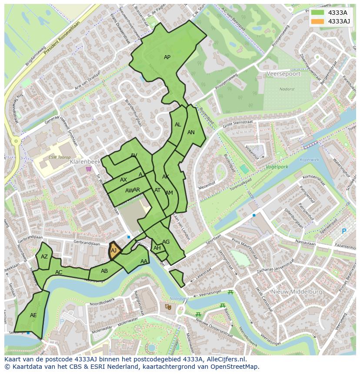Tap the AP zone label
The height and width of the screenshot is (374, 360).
[x=167, y=57]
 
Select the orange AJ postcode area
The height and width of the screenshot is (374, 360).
[x=114, y=252]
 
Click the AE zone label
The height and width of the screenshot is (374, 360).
[x=33, y=315]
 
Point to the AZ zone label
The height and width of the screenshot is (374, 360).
[x=44, y=257]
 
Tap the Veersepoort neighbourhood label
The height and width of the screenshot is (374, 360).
[x=283, y=74]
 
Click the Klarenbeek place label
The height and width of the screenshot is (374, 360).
[x=85, y=162]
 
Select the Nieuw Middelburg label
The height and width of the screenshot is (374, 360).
[x=297, y=292]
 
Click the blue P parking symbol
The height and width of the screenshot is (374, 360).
[x=344, y=232]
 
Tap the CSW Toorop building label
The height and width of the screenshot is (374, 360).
[x=59, y=157]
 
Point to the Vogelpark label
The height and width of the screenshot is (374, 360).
[x=277, y=167]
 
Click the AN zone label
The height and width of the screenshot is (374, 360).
[x=191, y=132]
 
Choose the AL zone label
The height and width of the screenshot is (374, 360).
[x=178, y=125]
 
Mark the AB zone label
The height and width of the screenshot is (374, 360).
[x=104, y=271]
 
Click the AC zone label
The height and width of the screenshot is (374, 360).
[x=59, y=272]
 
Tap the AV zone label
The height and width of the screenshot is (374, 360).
[x=134, y=156]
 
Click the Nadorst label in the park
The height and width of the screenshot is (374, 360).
[x=287, y=89]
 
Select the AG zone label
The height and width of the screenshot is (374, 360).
[x=166, y=242]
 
